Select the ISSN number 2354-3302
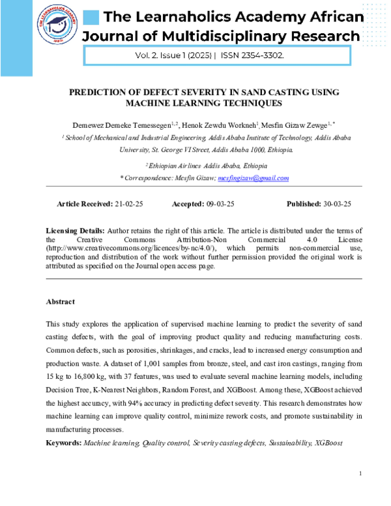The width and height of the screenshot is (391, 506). (261, 56)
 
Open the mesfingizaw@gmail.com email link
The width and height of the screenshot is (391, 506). (253, 178)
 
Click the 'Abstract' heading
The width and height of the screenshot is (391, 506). (60, 302)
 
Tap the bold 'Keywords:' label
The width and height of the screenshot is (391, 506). (64, 443)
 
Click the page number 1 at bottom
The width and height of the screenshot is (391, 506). (360, 473)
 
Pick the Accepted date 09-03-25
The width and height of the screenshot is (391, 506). (220, 204)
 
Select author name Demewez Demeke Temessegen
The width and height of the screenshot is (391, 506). (138, 124)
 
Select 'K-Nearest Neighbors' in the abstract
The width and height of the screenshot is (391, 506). (124, 391)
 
